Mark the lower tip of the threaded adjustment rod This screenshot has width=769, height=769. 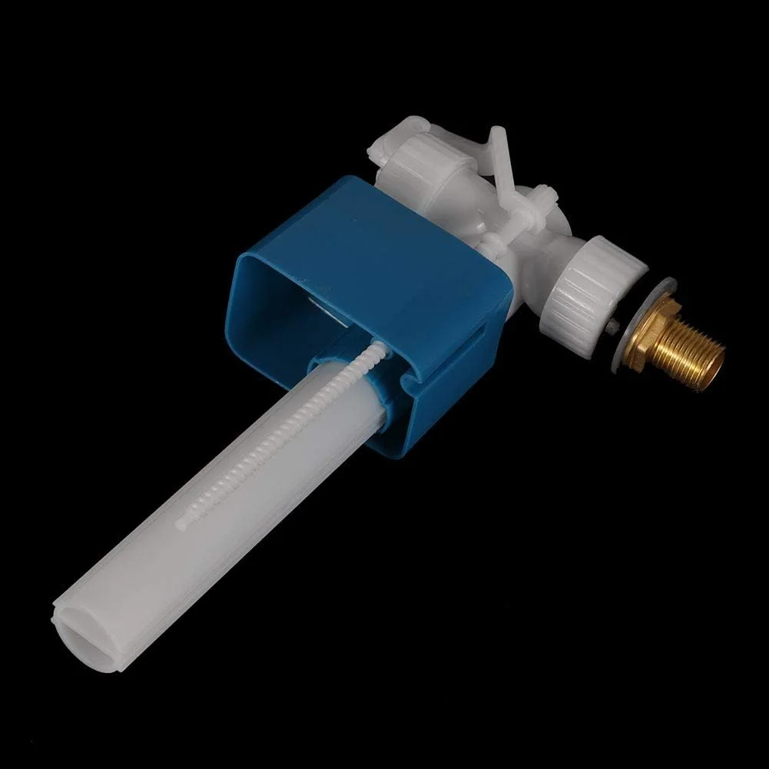(x=181, y=525)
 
